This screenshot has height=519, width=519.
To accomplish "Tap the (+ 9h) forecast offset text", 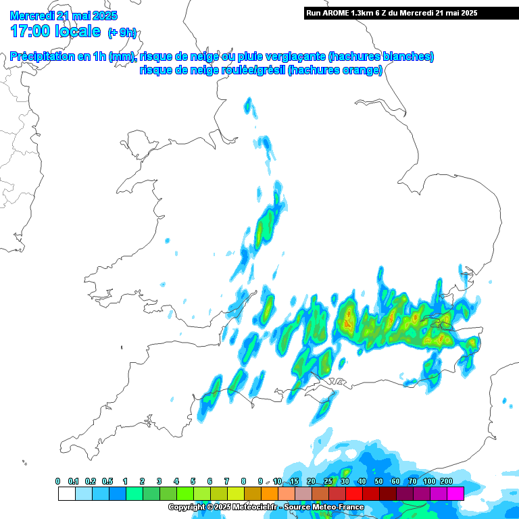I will tap(122, 32).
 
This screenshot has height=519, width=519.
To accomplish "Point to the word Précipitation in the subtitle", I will tap(42, 57).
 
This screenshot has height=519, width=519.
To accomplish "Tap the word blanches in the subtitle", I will tap(407, 57).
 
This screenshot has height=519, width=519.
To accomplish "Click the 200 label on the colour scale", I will tap(446, 481).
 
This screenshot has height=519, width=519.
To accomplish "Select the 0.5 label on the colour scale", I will tap(108, 481).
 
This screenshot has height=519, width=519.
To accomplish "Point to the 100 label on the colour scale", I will tap(429, 481).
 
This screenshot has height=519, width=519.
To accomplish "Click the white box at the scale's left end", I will tap(66, 494).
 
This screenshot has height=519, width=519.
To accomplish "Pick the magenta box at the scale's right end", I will tap(455, 494).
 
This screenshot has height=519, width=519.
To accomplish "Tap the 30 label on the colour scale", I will tap(345, 481).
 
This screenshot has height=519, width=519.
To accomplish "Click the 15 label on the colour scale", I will tap(294, 481).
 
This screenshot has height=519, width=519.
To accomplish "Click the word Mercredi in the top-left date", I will tap(33, 16).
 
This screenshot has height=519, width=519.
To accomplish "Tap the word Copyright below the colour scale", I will tap(187, 507).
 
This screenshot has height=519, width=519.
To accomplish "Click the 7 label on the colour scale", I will tap(226, 481).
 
